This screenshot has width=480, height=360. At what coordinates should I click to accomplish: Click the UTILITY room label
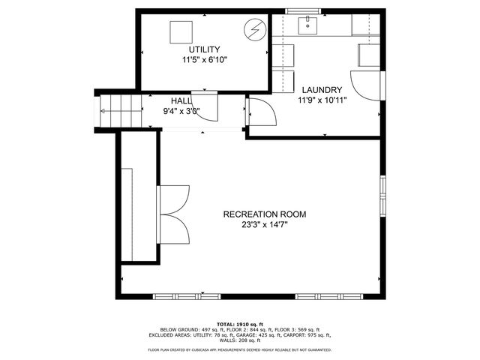pyautogui.click(x=204, y=49)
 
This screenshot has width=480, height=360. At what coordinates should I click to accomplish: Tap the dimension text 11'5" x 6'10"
pyautogui.click(x=204, y=59)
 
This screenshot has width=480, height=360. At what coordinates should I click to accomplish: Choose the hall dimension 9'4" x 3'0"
pyautogui.click(x=181, y=111)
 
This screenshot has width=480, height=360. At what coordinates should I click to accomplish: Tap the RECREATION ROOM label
pyautogui.click(x=264, y=214)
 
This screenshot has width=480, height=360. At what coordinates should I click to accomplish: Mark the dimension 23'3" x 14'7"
pyautogui.click(x=264, y=224)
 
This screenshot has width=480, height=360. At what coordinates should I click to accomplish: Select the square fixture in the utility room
pyautogui.click(x=180, y=32)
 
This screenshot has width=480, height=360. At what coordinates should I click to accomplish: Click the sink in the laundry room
pyautogui.click(x=308, y=27)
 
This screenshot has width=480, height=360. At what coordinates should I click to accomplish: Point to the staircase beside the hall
pyautogui.click(x=121, y=112)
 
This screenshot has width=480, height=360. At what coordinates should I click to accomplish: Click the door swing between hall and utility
pyautogui.click(x=204, y=105)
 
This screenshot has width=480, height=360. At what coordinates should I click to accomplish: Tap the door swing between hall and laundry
pyautogui.click(x=261, y=112)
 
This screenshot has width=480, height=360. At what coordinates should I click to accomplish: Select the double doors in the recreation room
pyautogui.click(x=174, y=213)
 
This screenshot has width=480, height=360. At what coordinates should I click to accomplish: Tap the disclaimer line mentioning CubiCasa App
pyautogui.click(x=239, y=349)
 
